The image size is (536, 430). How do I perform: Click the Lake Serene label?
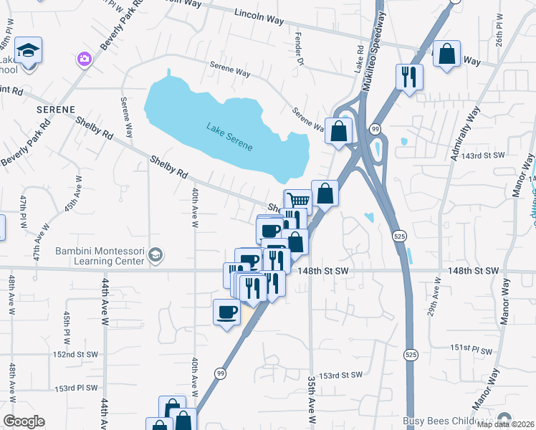click(229, 137)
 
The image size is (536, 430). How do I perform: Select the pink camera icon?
click(85, 58)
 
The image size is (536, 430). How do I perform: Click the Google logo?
click(24, 421)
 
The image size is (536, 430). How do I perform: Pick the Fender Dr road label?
click(298, 49)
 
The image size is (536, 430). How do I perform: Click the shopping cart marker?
click(297, 201)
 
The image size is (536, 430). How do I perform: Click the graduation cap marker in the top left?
click(29, 50)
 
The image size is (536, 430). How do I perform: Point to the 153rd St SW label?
click(343, 376)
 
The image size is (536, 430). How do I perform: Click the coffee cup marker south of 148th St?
click(227, 312)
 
